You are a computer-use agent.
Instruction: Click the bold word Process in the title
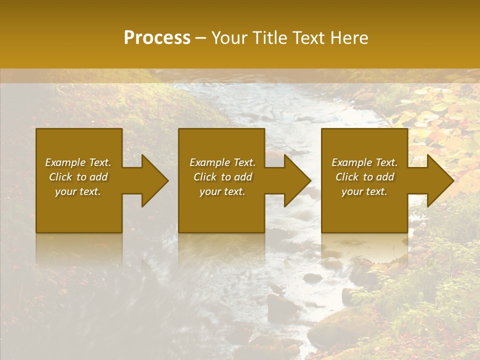click(157, 38)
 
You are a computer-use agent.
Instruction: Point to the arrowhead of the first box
click(152, 180)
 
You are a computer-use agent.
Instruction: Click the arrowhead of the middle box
click(295, 180)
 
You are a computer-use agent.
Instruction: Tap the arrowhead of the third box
click(438, 180)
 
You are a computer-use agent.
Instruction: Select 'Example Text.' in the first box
click(78, 162)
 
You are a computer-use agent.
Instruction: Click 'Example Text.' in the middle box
click(222, 162)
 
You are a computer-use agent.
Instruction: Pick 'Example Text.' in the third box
click(364, 162)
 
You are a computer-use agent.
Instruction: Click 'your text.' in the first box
click(78, 191)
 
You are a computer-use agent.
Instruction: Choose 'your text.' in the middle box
click(222, 191)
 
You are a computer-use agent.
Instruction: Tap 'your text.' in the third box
click(364, 191)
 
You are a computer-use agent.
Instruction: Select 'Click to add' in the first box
click(78, 177)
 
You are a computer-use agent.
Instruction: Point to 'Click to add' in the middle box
click(222, 177)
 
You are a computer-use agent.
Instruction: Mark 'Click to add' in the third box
click(364, 177)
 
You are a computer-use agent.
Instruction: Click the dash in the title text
click(200, 38)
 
